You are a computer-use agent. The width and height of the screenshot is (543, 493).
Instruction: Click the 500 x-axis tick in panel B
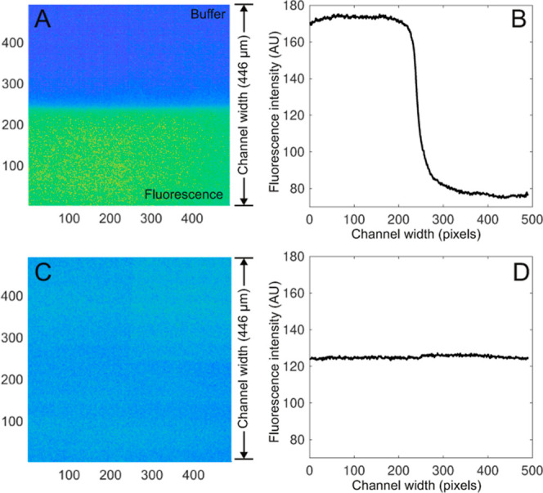529,219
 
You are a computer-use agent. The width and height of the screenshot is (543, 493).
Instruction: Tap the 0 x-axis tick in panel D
309,473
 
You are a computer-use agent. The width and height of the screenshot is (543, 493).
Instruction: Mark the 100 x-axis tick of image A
68,219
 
